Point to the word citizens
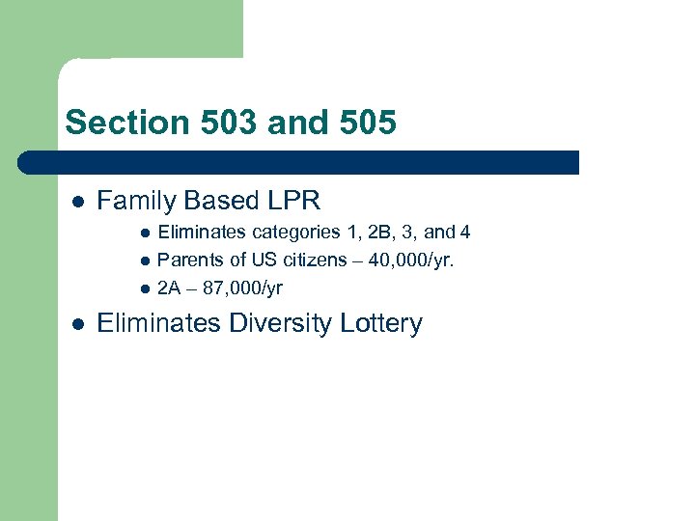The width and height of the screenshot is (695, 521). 312,260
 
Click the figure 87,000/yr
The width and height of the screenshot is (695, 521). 240,288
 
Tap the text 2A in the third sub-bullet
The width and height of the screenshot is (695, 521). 169,288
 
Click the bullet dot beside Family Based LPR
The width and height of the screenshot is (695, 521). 77,202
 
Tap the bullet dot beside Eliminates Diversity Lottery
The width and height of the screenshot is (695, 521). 77,324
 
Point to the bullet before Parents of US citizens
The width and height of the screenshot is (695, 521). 144,260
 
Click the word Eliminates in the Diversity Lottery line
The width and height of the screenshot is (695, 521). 159,323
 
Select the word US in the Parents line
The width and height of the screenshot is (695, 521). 263,260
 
